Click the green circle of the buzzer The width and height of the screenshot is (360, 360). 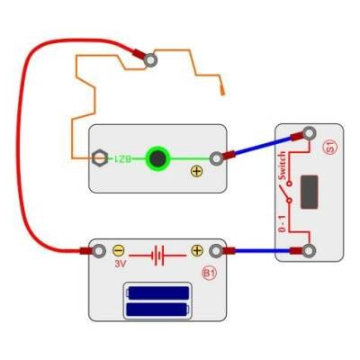(158, 158)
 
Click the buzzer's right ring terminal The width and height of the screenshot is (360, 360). (216, 158)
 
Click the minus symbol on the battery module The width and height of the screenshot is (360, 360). (119, 250)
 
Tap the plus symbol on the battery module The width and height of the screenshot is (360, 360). (197, 250)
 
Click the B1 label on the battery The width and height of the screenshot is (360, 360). (209, 272)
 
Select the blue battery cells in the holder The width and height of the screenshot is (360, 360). (158, 301)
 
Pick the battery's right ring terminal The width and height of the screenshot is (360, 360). (216, 250)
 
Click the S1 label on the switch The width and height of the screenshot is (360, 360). (329, 148)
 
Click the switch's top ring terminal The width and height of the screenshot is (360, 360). (310, 135)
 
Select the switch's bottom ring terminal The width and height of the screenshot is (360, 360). (310, 250)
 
